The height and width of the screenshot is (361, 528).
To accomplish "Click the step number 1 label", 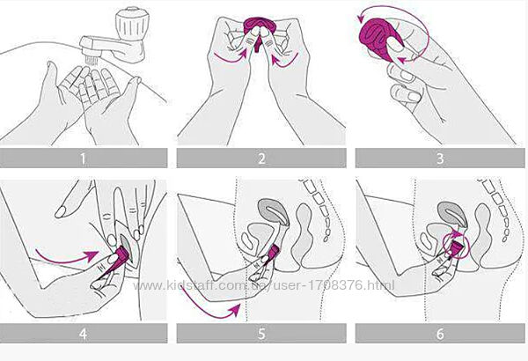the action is tap(83, 158).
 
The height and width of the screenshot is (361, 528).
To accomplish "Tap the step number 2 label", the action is tap(261, 158).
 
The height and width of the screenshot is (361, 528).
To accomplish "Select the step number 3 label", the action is tap(440, 158).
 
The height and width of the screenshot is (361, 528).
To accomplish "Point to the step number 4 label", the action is tap(83, 334).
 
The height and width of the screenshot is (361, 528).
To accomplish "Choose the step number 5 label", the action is tap(261, 334).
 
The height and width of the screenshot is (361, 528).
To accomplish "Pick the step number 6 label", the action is tap(440, 334).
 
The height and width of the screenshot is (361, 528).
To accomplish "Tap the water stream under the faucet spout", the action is tap(92, 61).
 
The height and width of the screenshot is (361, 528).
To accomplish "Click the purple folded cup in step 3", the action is tap(380, 38).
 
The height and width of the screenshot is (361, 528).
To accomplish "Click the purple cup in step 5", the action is tap(274, 252).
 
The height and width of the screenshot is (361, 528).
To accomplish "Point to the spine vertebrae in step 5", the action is tap(320, 209).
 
